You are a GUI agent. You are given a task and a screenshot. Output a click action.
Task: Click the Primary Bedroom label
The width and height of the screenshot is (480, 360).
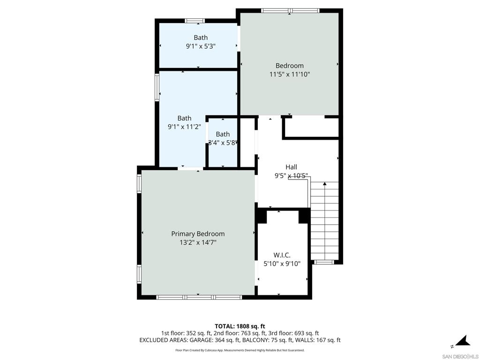pyautogui.click(x=198, y=234)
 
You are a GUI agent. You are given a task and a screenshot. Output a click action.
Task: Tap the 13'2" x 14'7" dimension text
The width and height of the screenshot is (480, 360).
pyautogui.click(x=198, y=243)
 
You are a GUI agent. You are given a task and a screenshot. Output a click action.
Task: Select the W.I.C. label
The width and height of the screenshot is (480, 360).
pyautogui.click(x=282, y=255)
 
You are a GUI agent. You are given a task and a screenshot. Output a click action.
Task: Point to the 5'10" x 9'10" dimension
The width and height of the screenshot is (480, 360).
pyautogui.click(x=282, y=263)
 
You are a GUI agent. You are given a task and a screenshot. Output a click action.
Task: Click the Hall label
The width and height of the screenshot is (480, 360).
pyautogui.click(x=291, y=167)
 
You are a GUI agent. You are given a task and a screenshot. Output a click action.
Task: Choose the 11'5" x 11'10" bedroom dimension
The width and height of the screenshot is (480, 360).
pyautogui.click(x=290, y=74)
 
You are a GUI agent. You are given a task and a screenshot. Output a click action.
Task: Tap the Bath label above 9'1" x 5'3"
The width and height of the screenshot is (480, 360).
pyautogui.click(x=201, y=37)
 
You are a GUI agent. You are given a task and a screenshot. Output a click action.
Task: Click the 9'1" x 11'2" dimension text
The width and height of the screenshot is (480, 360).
pyautogui.click(x=184, y=127)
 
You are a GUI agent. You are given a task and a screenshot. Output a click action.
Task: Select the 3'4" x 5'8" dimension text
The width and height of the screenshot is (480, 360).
pyautogui.click(x=223, y=142)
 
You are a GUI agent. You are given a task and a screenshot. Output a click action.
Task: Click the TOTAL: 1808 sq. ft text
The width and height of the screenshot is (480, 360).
pyautogui.click(x=240, y=326)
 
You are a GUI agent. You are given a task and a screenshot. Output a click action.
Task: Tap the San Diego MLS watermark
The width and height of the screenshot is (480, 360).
pyautogui.click(x=460, y=357)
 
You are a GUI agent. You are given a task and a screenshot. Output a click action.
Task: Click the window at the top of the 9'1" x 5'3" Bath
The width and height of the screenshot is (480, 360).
pyautogui.click(x=195, y=21)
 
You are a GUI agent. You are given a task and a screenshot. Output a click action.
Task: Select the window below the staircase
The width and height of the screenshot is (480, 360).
pyautogui.click(x=323, y=262)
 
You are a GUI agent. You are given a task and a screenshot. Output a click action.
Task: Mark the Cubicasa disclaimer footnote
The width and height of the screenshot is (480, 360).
pyautogui.click(x=240, y=350)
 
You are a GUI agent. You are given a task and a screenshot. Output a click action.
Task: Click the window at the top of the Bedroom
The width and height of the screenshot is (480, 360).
pyautogui.click(x=290, y=11)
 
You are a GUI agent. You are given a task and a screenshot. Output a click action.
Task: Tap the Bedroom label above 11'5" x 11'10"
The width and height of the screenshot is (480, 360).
pyautogui.click(x=290, y=66)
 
